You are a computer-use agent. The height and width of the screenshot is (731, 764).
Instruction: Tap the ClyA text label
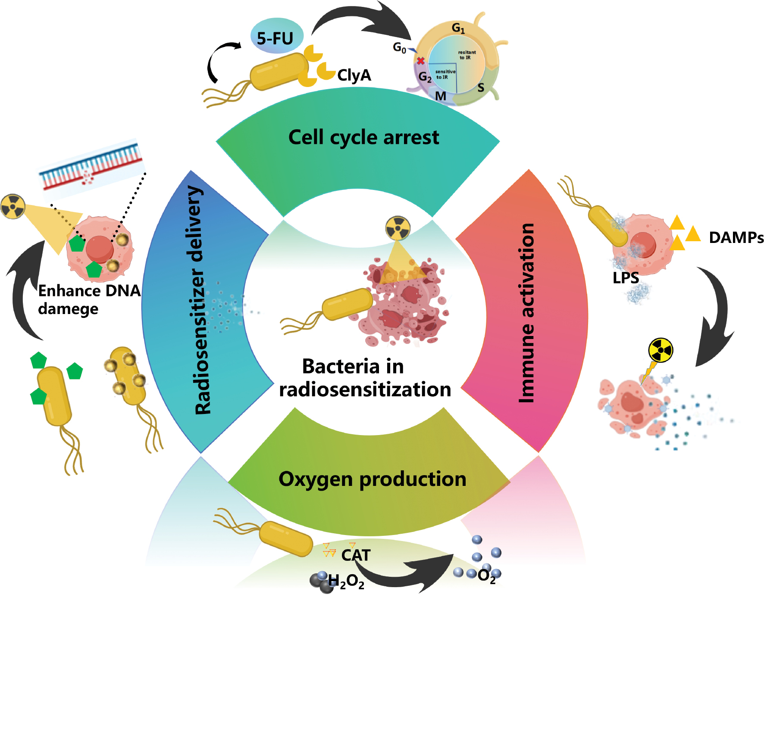coord(354,75)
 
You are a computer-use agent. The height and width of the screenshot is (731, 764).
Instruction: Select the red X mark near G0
coord(420,61)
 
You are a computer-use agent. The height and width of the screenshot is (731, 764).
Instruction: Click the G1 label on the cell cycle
coord(458,28)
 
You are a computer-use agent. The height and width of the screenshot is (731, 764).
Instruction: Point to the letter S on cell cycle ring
coord(481,88)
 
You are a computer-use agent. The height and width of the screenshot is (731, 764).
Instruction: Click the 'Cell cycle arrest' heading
coord(363,137)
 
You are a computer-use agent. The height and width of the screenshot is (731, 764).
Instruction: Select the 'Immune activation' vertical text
coord(527,313)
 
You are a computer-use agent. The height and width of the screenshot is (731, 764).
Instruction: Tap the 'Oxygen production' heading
coord(372,479)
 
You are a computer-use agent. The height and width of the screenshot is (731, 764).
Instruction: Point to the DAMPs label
coord(736,237)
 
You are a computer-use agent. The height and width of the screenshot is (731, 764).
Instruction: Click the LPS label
coord(625,278)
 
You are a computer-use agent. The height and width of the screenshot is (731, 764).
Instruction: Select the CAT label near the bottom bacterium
coord(356,555)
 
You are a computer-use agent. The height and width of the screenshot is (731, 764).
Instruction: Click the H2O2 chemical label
coord(346,582)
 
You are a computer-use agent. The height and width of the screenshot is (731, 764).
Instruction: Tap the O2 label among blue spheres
coord(486,575)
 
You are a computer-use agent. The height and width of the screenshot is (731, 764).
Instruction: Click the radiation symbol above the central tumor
coord(398,228)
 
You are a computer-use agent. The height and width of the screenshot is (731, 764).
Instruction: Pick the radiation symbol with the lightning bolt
coord(660,350)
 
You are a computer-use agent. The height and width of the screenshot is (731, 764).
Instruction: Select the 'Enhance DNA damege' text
coord(89,300)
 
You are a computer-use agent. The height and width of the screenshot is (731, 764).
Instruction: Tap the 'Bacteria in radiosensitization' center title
coord(365,378)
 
